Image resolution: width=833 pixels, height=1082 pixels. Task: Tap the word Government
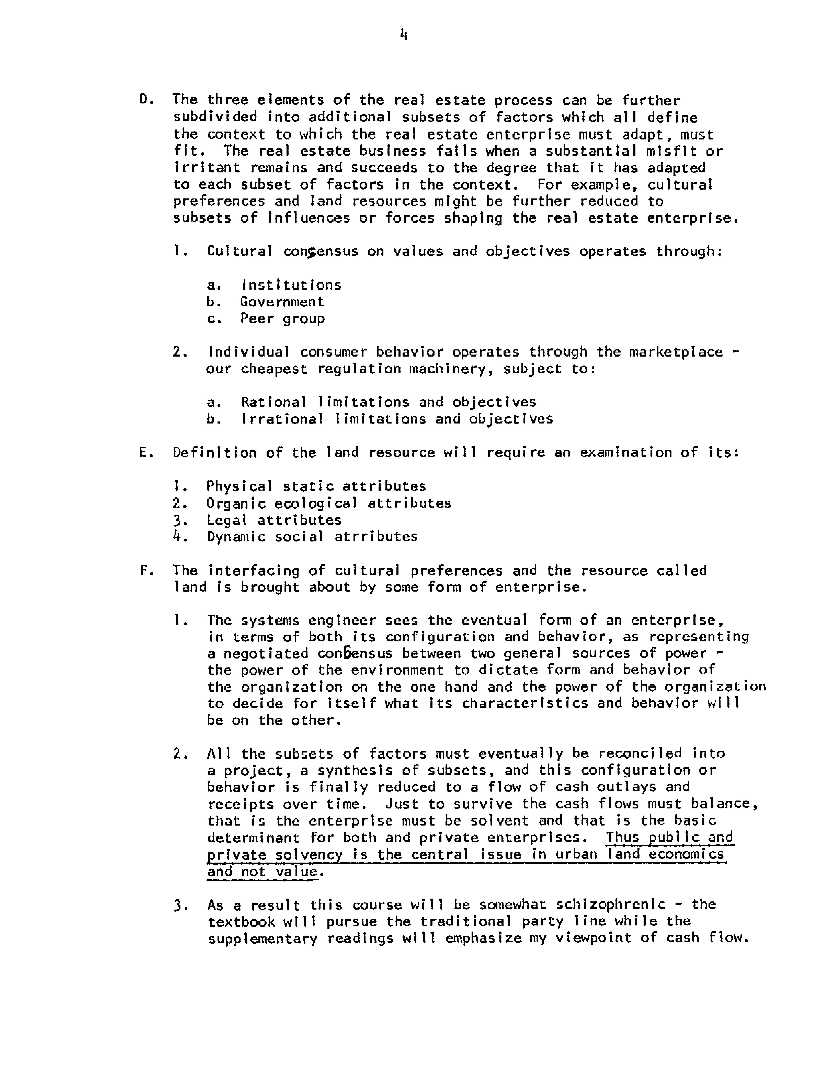click(282, 302)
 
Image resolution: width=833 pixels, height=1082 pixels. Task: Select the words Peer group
click(282, 319)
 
